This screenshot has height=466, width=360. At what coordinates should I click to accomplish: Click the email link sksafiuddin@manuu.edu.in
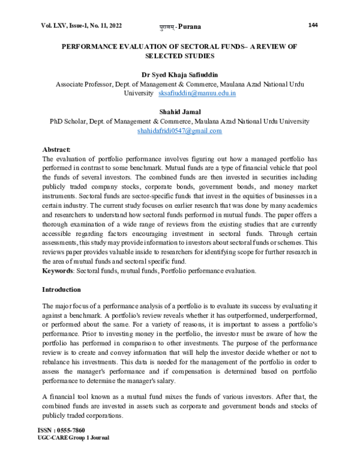[x=197, y=94]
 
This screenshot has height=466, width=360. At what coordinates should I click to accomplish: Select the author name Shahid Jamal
[x=179, y=112]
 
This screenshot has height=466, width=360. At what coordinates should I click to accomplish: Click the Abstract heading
[x=56, y=149]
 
